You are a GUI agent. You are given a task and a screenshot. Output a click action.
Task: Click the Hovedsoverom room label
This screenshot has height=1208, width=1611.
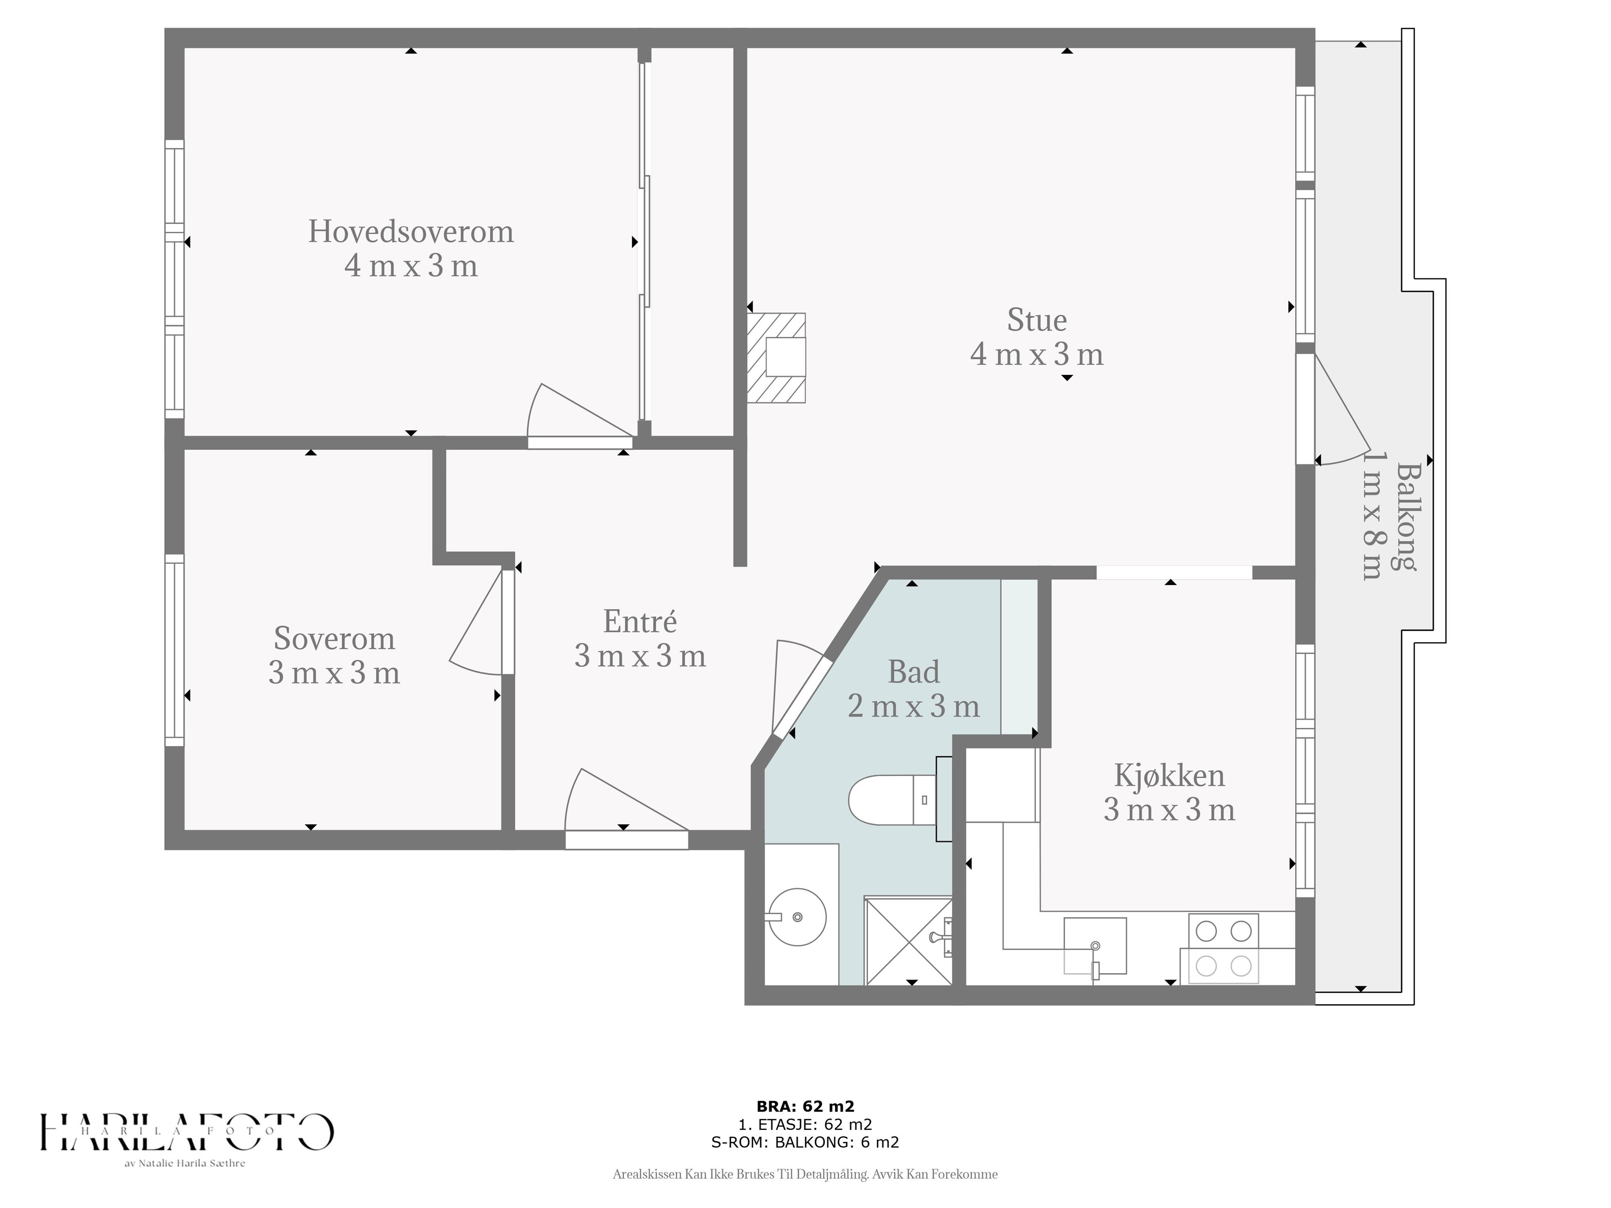pos(411,232)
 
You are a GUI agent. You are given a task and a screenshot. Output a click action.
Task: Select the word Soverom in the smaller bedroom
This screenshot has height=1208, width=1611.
pos(334,638)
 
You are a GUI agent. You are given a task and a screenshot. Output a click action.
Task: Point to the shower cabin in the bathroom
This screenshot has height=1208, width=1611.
pos(908,940)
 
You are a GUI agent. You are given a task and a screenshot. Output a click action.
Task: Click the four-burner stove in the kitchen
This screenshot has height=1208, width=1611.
pos(1223,948)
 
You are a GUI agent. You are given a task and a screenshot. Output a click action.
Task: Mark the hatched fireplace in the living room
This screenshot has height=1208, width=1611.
pos(777,357)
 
